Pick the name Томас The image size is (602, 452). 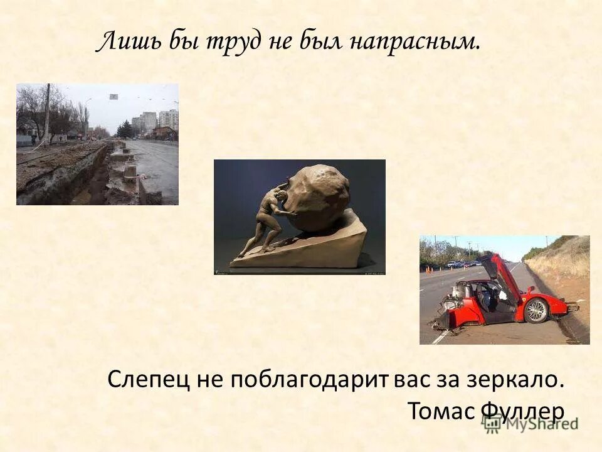point(442,411)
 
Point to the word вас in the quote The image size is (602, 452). point(414,380)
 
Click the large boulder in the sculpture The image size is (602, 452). point(317,198)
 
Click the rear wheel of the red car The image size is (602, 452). point(536,310)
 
